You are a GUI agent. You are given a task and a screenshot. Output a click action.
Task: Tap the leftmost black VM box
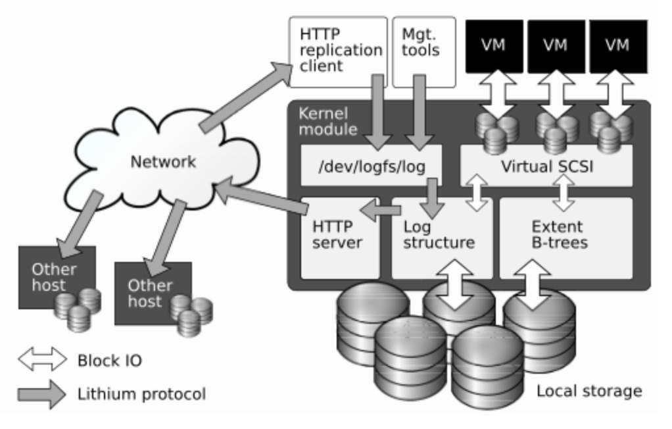coord(494,46)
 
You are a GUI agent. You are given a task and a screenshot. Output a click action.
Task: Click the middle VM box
coord(556,46)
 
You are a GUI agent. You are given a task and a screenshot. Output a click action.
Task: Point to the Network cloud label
coord(162,162)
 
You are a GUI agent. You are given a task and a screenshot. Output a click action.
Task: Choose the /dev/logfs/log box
coord(370,166)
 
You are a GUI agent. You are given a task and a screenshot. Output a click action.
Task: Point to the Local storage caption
coord(589,391)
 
